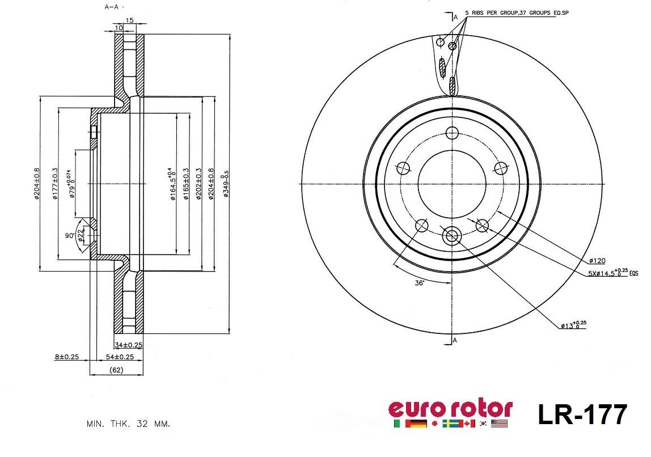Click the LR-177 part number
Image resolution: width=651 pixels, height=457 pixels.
[x=582, y=414]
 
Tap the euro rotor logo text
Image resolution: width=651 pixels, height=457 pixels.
[x=450, y=408]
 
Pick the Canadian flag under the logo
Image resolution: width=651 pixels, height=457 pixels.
[x=468, y=424]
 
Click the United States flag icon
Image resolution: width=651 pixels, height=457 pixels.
[x=500, y=424]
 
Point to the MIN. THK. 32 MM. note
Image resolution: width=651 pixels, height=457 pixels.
[x=128, y=424]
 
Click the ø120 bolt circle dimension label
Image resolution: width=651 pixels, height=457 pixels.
[x=597, y=261]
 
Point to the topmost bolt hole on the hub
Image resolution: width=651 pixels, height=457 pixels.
[x=452, y=133]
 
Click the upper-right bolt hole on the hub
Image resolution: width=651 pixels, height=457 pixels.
[x=500, y=168]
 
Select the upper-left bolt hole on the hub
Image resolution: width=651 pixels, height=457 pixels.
[x=403, y=168]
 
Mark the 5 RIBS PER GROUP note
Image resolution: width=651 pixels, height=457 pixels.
[x=516, y=12]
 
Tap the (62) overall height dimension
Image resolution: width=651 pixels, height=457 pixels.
[x=116, y=370]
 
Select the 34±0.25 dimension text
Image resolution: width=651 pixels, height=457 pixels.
[x=128, y=345]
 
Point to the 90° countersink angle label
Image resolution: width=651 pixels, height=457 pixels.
[x=69, y=235]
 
